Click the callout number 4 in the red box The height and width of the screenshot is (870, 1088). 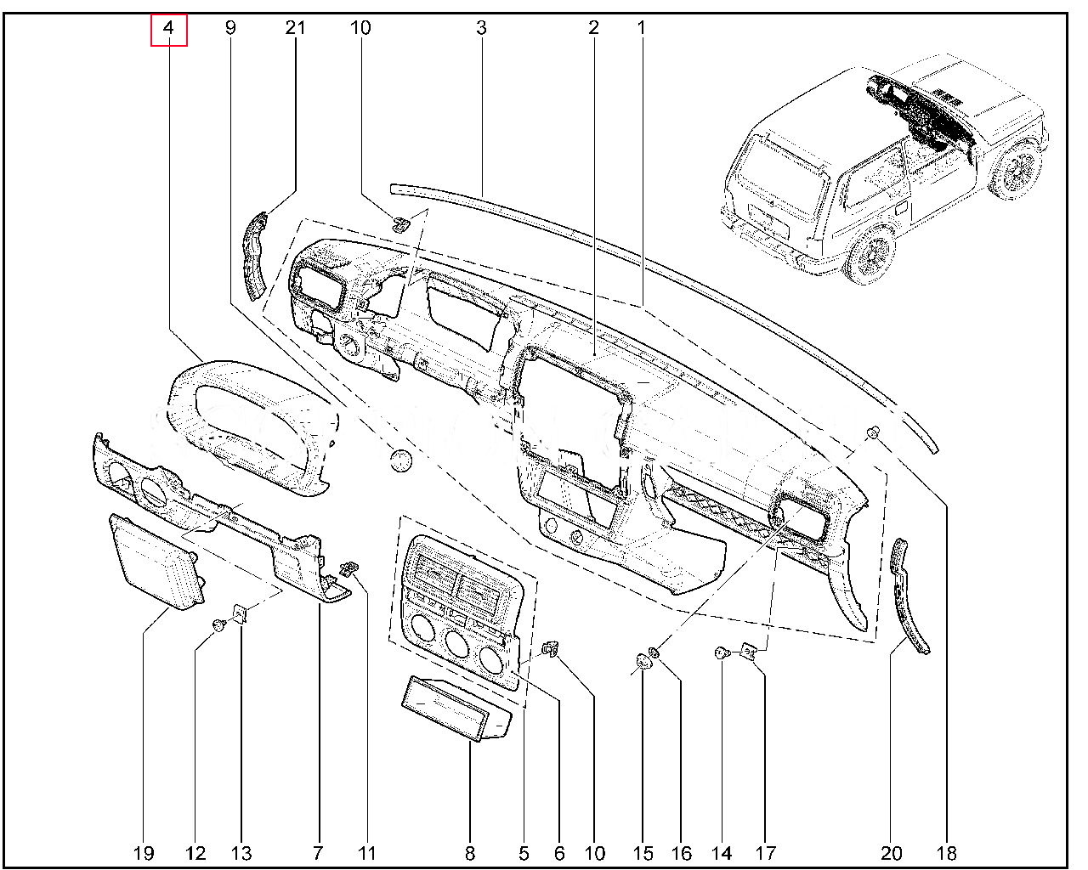coord(169,28)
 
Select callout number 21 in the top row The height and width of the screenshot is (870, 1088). coord(295,28)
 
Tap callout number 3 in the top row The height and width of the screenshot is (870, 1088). coord(481,28)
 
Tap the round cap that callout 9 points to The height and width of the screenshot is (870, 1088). coord(401,460)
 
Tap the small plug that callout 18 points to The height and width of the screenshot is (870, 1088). coord(872,432)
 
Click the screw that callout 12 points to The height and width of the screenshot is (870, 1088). coord(219,626)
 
